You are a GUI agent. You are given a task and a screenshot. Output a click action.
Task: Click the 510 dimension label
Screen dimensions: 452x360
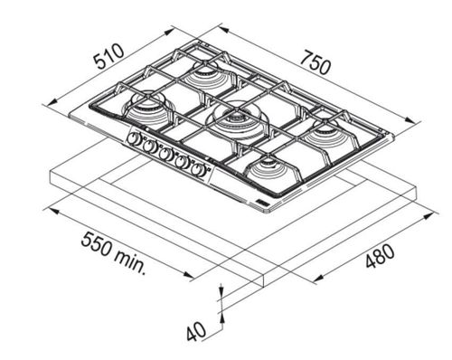click(x=108, y=56)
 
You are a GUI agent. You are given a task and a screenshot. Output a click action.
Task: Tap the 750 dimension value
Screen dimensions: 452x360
click(x=315, y=62)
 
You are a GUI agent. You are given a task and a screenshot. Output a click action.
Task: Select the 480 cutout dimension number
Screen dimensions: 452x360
click(x=380, y=256)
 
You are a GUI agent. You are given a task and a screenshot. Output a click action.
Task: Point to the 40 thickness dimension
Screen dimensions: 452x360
click(x=196, y=332)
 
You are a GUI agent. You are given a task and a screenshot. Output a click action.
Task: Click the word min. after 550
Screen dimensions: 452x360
click(x=130, y=261)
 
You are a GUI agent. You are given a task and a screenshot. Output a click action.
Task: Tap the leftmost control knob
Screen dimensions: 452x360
click(x=132, y=138)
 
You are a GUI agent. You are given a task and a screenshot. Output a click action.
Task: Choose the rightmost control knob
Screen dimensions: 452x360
click(x=197, y=170)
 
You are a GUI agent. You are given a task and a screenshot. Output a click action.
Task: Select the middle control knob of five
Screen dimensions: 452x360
click(x=165, y=155)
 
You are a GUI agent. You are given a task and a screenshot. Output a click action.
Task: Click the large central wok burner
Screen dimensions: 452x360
click(x=237, y=120)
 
